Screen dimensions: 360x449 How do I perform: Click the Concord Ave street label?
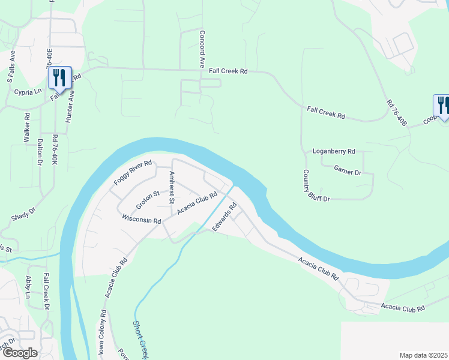(x=203, y=49)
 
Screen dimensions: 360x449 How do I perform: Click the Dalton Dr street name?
(x=40, y=152)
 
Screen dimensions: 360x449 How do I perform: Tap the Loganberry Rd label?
(x=334, y=151)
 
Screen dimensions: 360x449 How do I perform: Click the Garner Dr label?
(x=348, y=172)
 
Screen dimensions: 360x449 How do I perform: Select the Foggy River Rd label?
(x=133, y=173)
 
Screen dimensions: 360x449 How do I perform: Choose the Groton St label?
(x=146, y=199)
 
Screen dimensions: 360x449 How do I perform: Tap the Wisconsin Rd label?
(x=142, y=220)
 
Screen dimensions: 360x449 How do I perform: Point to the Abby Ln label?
(x=28, y=287)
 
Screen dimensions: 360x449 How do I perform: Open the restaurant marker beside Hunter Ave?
(x=58, y=77)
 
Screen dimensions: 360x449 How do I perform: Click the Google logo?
(x=20, y=352)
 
